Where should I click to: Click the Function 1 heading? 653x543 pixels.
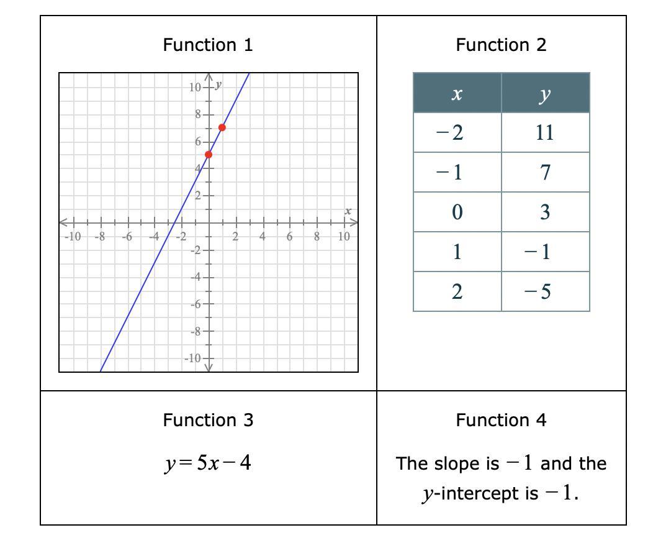208,45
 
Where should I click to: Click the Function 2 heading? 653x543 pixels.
501,45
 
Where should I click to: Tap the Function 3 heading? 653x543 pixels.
208,420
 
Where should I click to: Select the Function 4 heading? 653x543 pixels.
501,420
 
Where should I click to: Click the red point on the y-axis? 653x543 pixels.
209,154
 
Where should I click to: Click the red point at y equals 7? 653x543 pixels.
222,127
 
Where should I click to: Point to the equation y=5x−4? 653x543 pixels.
208,463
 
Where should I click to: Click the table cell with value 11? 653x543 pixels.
545,132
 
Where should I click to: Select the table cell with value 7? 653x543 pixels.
545,172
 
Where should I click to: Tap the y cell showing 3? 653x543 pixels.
545,212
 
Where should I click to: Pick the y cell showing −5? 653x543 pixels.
545,291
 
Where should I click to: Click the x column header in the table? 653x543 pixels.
457,93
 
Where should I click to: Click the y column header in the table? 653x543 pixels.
545,93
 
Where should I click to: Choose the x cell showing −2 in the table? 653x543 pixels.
457,132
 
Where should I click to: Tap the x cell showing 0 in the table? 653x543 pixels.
457,212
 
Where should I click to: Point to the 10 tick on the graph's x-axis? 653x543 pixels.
344,236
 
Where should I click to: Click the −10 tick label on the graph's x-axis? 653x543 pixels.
73,236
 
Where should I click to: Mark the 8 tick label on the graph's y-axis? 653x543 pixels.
198,114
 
